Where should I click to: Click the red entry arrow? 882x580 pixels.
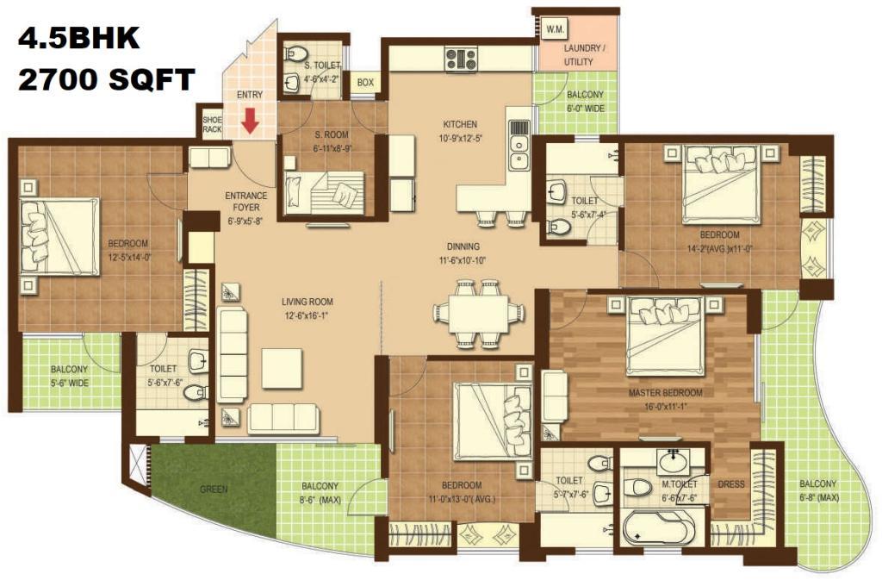[250, 120]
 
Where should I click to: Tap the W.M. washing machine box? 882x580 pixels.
[556, 29]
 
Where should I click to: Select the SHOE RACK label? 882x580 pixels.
[212, 124]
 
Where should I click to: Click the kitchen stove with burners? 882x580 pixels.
[462, 59]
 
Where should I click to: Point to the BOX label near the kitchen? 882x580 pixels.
[365, 83]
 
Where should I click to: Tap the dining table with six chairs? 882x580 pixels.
[479, 313]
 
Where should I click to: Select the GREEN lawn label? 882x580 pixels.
[214, 490]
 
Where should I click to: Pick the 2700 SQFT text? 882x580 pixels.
[107, 79]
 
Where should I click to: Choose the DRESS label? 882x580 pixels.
[731, 483]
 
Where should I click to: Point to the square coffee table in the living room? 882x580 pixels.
[282, 368]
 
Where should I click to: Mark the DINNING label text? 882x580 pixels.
[463, 246]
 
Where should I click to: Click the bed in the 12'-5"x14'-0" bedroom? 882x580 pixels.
[59, 236]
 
